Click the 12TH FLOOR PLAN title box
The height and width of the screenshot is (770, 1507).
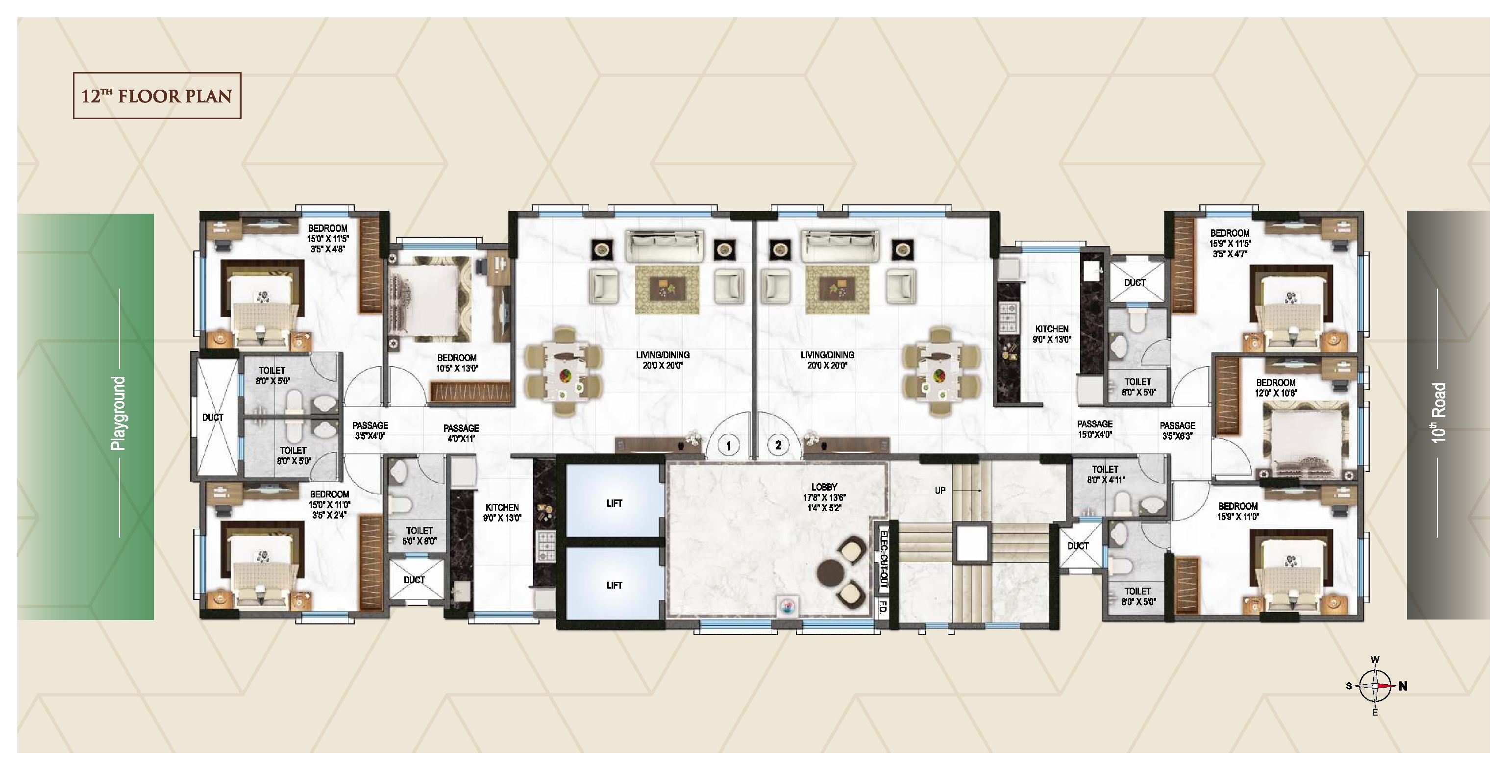(157, 96)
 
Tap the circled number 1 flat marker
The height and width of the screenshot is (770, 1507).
(728, 446)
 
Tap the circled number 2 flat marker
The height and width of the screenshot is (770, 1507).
(778, 445)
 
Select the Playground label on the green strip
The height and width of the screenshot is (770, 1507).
(119, 414)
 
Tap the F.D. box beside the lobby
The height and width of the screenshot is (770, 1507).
(883, 609)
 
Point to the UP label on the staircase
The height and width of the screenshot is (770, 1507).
(940, 490)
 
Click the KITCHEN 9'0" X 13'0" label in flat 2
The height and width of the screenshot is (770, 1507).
(1052, 334)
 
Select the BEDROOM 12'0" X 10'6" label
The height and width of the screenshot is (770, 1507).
(1276, 388)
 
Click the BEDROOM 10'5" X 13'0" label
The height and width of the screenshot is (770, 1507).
(457, 363)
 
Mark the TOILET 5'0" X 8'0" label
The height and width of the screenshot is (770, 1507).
(420, 536)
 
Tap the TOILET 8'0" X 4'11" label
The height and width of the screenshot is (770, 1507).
(1105, 474)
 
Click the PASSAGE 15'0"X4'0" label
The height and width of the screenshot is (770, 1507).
(1094, 429)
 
